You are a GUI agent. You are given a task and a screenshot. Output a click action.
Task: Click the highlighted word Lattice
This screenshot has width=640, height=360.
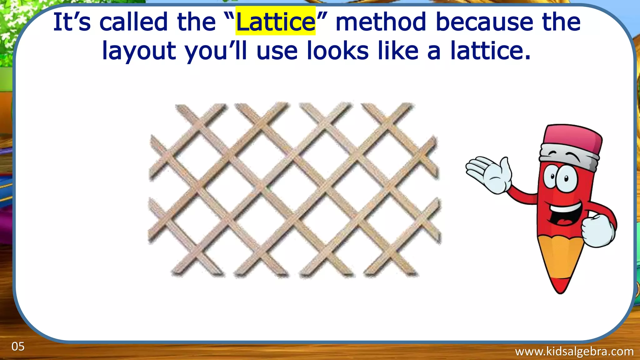coord(275,22)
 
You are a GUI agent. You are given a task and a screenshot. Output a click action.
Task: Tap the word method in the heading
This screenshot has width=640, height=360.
coord(381,22)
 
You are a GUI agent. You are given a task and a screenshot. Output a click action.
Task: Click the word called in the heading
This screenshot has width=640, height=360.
coord(134,22)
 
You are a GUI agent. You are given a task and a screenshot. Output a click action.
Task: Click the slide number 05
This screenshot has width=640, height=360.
coord(18,347)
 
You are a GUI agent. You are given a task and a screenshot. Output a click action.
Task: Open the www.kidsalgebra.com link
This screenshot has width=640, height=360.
coord(574,352)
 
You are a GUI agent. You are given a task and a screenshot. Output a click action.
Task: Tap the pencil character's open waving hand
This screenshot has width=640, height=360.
coord(489,173)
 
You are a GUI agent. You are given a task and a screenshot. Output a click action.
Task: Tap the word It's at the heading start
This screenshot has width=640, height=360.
coord(72,22)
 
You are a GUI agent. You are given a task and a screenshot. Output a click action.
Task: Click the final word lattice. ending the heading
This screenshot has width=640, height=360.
coord(491,51)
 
